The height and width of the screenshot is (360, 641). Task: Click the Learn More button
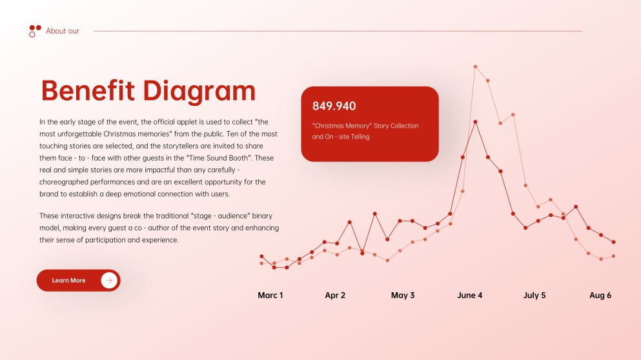click(79, 280)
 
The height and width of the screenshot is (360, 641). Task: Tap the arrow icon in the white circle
click(109, 280)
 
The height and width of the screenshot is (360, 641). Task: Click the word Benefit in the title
click(88, 90)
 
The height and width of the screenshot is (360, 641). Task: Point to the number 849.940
click(334, 106)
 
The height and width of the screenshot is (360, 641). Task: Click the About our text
click(63, 31)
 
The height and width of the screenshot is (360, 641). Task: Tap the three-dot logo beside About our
click(35, 31)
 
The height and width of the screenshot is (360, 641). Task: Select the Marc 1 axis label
click(270, 295)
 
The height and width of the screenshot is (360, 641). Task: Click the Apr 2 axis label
click(335, 295)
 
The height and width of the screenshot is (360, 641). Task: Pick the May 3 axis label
click(403, 295)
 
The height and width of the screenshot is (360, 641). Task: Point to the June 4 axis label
click(470, 295)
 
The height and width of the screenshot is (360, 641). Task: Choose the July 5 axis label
click(534, 295)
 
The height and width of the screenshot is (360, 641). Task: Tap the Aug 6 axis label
click(600, 295)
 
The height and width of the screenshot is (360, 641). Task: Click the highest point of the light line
click(475, 66)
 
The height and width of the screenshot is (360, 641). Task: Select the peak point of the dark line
click(475, 122)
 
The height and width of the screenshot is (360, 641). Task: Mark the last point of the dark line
click(614, 242)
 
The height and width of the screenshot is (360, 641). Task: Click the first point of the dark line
click(261, 257)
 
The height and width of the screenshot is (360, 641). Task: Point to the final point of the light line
click(614, 256)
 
